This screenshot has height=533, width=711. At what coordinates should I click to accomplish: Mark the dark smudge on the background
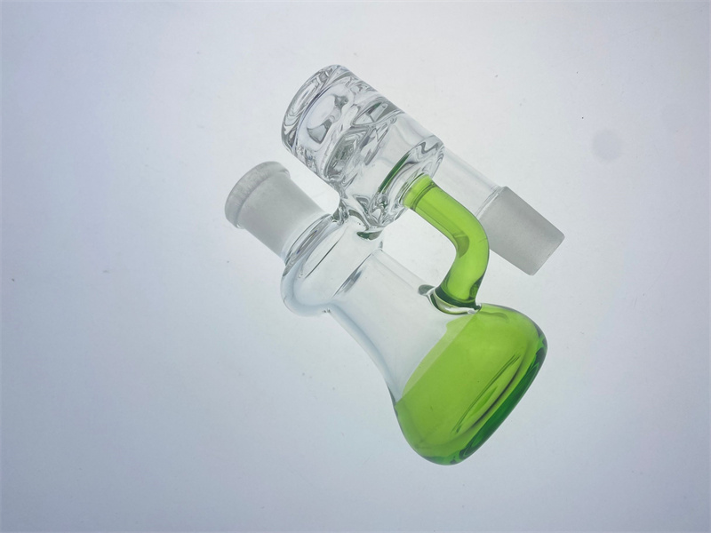[x=607, y=143]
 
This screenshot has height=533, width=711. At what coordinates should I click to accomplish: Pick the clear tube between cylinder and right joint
[x=462, y=191]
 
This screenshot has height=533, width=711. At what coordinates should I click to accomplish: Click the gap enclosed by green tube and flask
[x=418, y=258]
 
